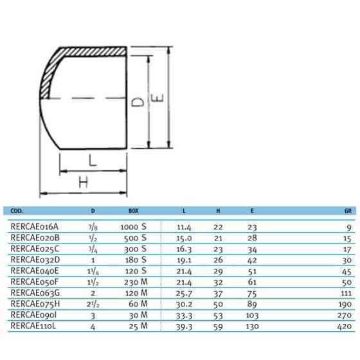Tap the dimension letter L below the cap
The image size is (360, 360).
click(x=93, y=161)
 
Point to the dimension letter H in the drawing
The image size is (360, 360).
click(x=82, y=183)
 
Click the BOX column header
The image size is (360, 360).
click(x=134, y=210)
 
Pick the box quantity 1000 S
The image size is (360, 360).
click(x=134, y=226)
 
